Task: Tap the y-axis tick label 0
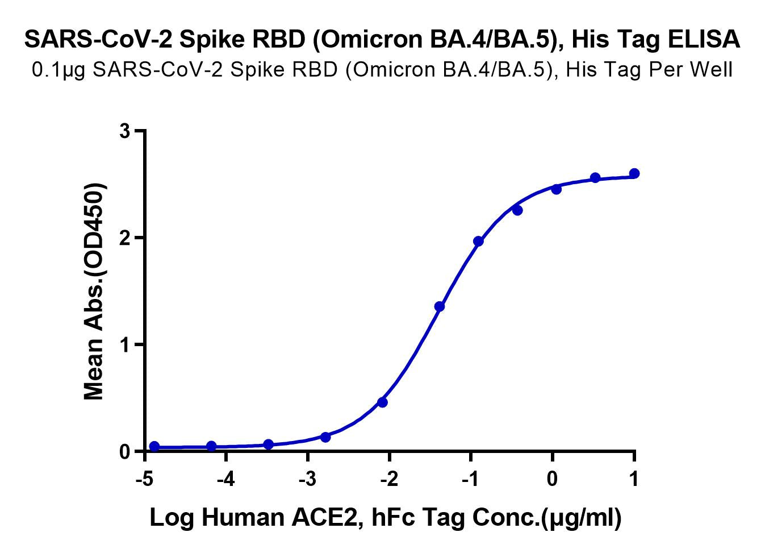tap(125, 451)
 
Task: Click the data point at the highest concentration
tap(634, 173)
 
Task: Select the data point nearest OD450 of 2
tap(478, 241)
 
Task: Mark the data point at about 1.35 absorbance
tap(440, 306)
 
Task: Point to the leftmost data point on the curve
tap(154, 446)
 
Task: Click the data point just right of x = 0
tap(556, 189)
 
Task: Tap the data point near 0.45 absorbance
tap(382, 402)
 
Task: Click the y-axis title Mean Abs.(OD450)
tap(94, 292)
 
